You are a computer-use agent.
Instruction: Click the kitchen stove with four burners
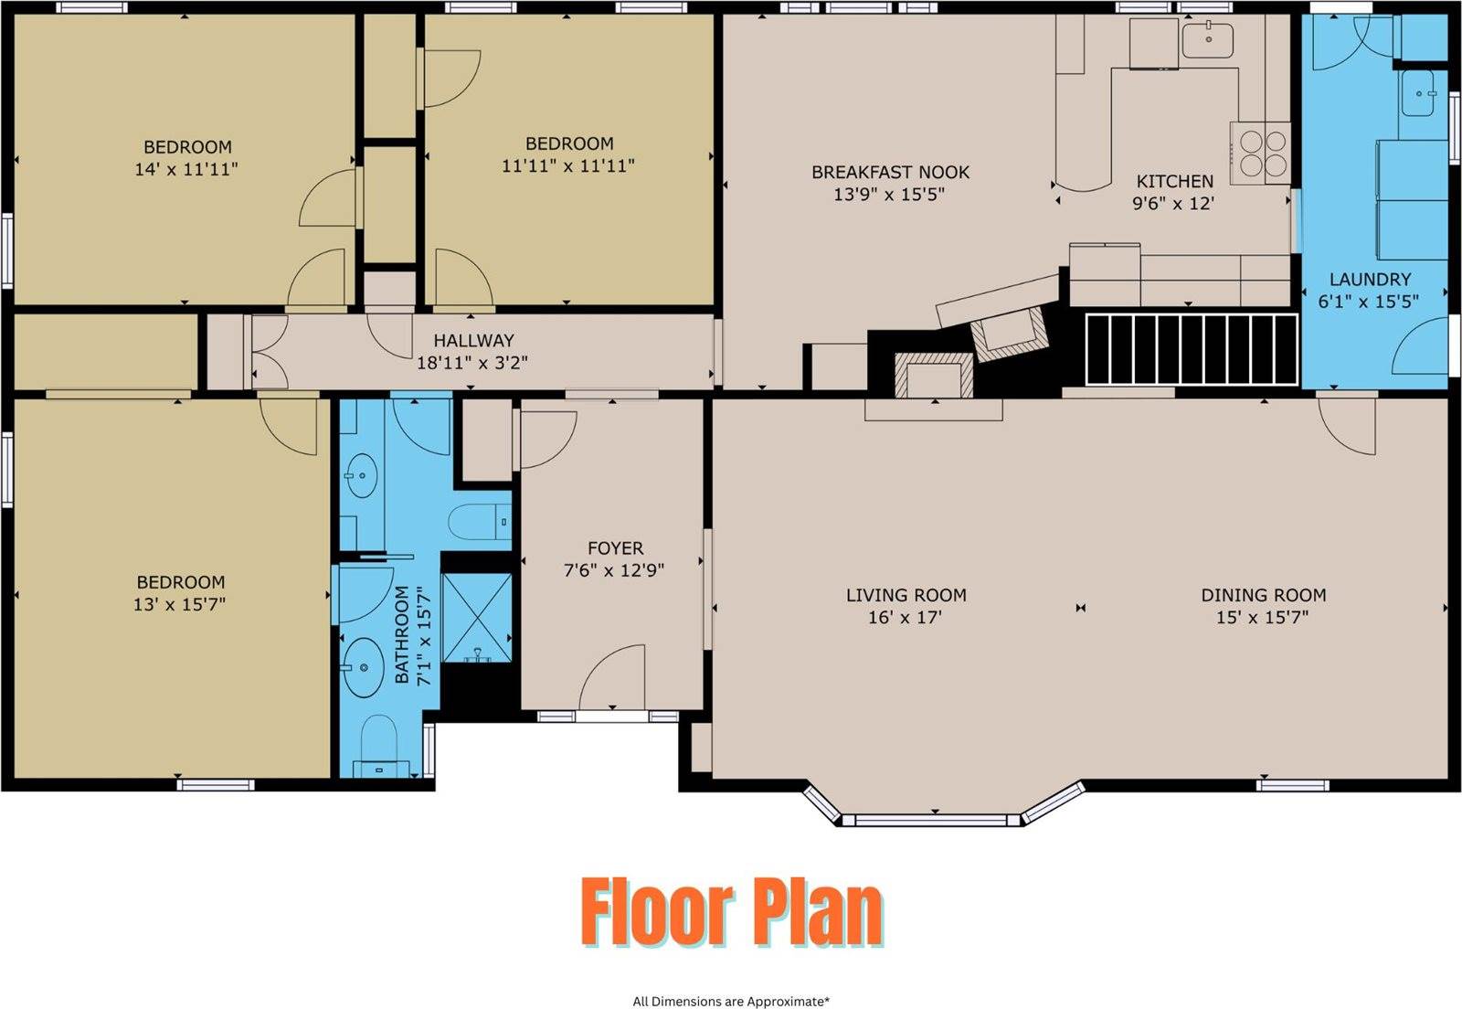(1260, 153)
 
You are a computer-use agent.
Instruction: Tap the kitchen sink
(1208, 40)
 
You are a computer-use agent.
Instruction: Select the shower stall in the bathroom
(477, 618)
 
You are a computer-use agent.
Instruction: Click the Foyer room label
(615, 548)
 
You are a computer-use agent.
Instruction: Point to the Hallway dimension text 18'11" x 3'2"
(472, 362)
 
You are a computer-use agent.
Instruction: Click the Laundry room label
(1370, 280)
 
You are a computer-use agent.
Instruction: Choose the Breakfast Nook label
(890, 173)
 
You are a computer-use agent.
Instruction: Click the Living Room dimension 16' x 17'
(906, 617)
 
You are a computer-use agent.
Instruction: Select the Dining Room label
(1264, 595)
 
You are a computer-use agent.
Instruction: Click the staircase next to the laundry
(1192, 350)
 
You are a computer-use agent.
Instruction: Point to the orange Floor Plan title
(732, 912)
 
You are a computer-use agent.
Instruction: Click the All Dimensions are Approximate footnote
(731, 1001)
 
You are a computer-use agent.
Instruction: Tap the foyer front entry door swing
(612, 677)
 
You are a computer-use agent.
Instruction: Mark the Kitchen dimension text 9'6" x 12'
(1173, 204)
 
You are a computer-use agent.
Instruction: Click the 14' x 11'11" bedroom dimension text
(186, 170)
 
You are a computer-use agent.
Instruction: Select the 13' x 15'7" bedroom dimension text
(179, 604)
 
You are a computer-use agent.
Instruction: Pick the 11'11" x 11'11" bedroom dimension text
(567, 165)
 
